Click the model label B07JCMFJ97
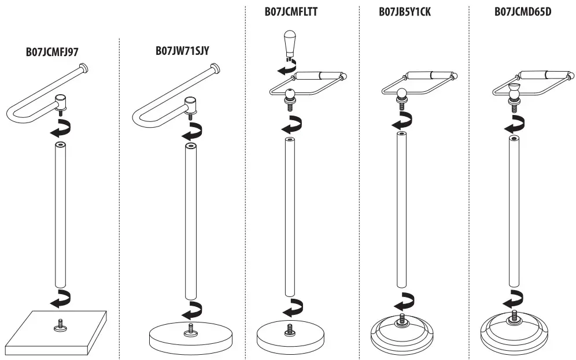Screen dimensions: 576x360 coord(52,52)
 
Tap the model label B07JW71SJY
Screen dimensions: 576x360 coord(183,50)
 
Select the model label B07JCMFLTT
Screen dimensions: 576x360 coord(291,12)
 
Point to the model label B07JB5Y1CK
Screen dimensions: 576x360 coord(405,12)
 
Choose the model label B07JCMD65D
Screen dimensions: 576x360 coord(523,12)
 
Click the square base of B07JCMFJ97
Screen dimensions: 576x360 coord(56,333)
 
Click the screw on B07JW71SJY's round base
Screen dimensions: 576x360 coord(191,329)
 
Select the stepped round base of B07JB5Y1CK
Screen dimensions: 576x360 coord(403,335)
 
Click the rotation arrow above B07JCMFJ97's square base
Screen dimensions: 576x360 coord(61,299)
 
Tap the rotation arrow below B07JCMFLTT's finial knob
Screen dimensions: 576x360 coord(287,67)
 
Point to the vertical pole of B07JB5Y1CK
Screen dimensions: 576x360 coord(401,209)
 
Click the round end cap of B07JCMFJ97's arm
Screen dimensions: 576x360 coord(84,68)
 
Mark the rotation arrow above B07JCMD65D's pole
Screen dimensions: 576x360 coord(514,124)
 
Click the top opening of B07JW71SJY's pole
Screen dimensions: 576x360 coord(191,146)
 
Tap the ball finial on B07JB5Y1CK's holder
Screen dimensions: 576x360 coord(401,92)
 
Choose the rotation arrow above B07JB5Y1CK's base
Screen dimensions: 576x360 coord(404,302)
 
